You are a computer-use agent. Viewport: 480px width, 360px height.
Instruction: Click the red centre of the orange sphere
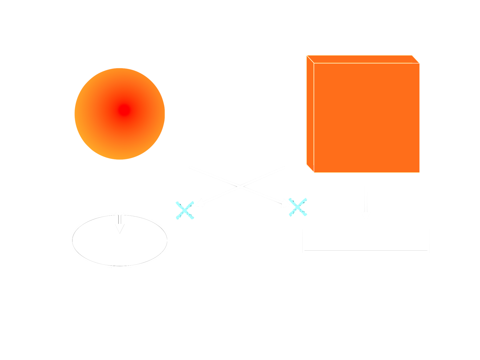point(124,110)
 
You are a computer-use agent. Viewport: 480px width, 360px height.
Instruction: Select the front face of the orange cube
point(367,118)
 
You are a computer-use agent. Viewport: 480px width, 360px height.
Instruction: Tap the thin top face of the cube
point(363,59)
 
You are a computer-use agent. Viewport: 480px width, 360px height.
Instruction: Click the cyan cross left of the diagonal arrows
point(185,210)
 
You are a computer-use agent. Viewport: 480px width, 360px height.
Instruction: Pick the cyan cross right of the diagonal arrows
point(298,207)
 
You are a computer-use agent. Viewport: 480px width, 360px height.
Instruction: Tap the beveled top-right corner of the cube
point(416,59)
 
